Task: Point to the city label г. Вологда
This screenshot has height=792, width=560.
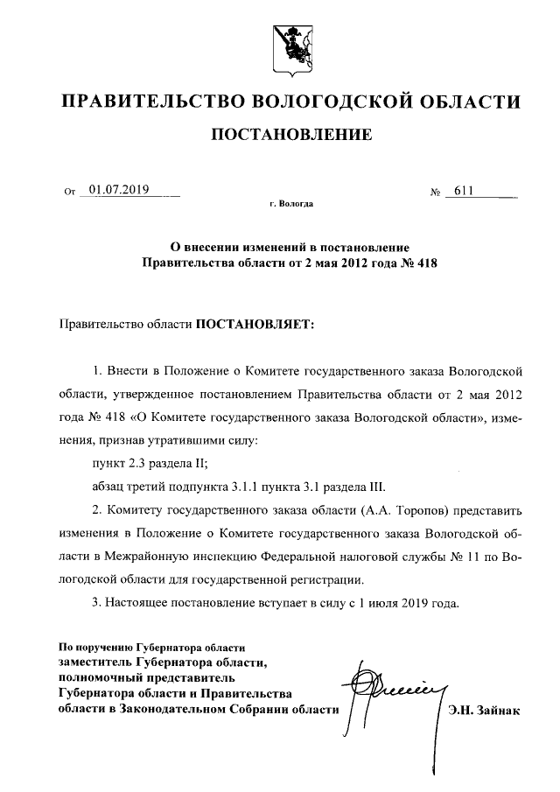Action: point(291,204)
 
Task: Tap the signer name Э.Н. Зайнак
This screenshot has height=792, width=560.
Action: point(484,711)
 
